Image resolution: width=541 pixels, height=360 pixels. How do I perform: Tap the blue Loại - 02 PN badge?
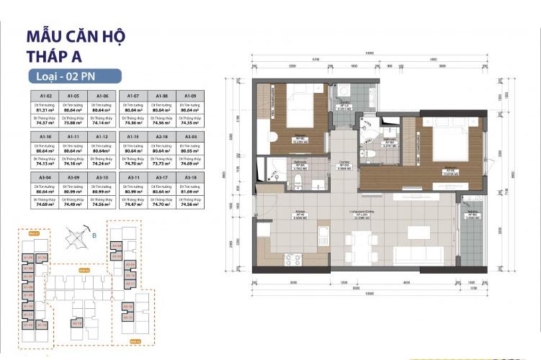[x=70, y=76]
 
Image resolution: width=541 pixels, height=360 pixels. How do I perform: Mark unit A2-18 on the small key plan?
[x=77, y=323]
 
